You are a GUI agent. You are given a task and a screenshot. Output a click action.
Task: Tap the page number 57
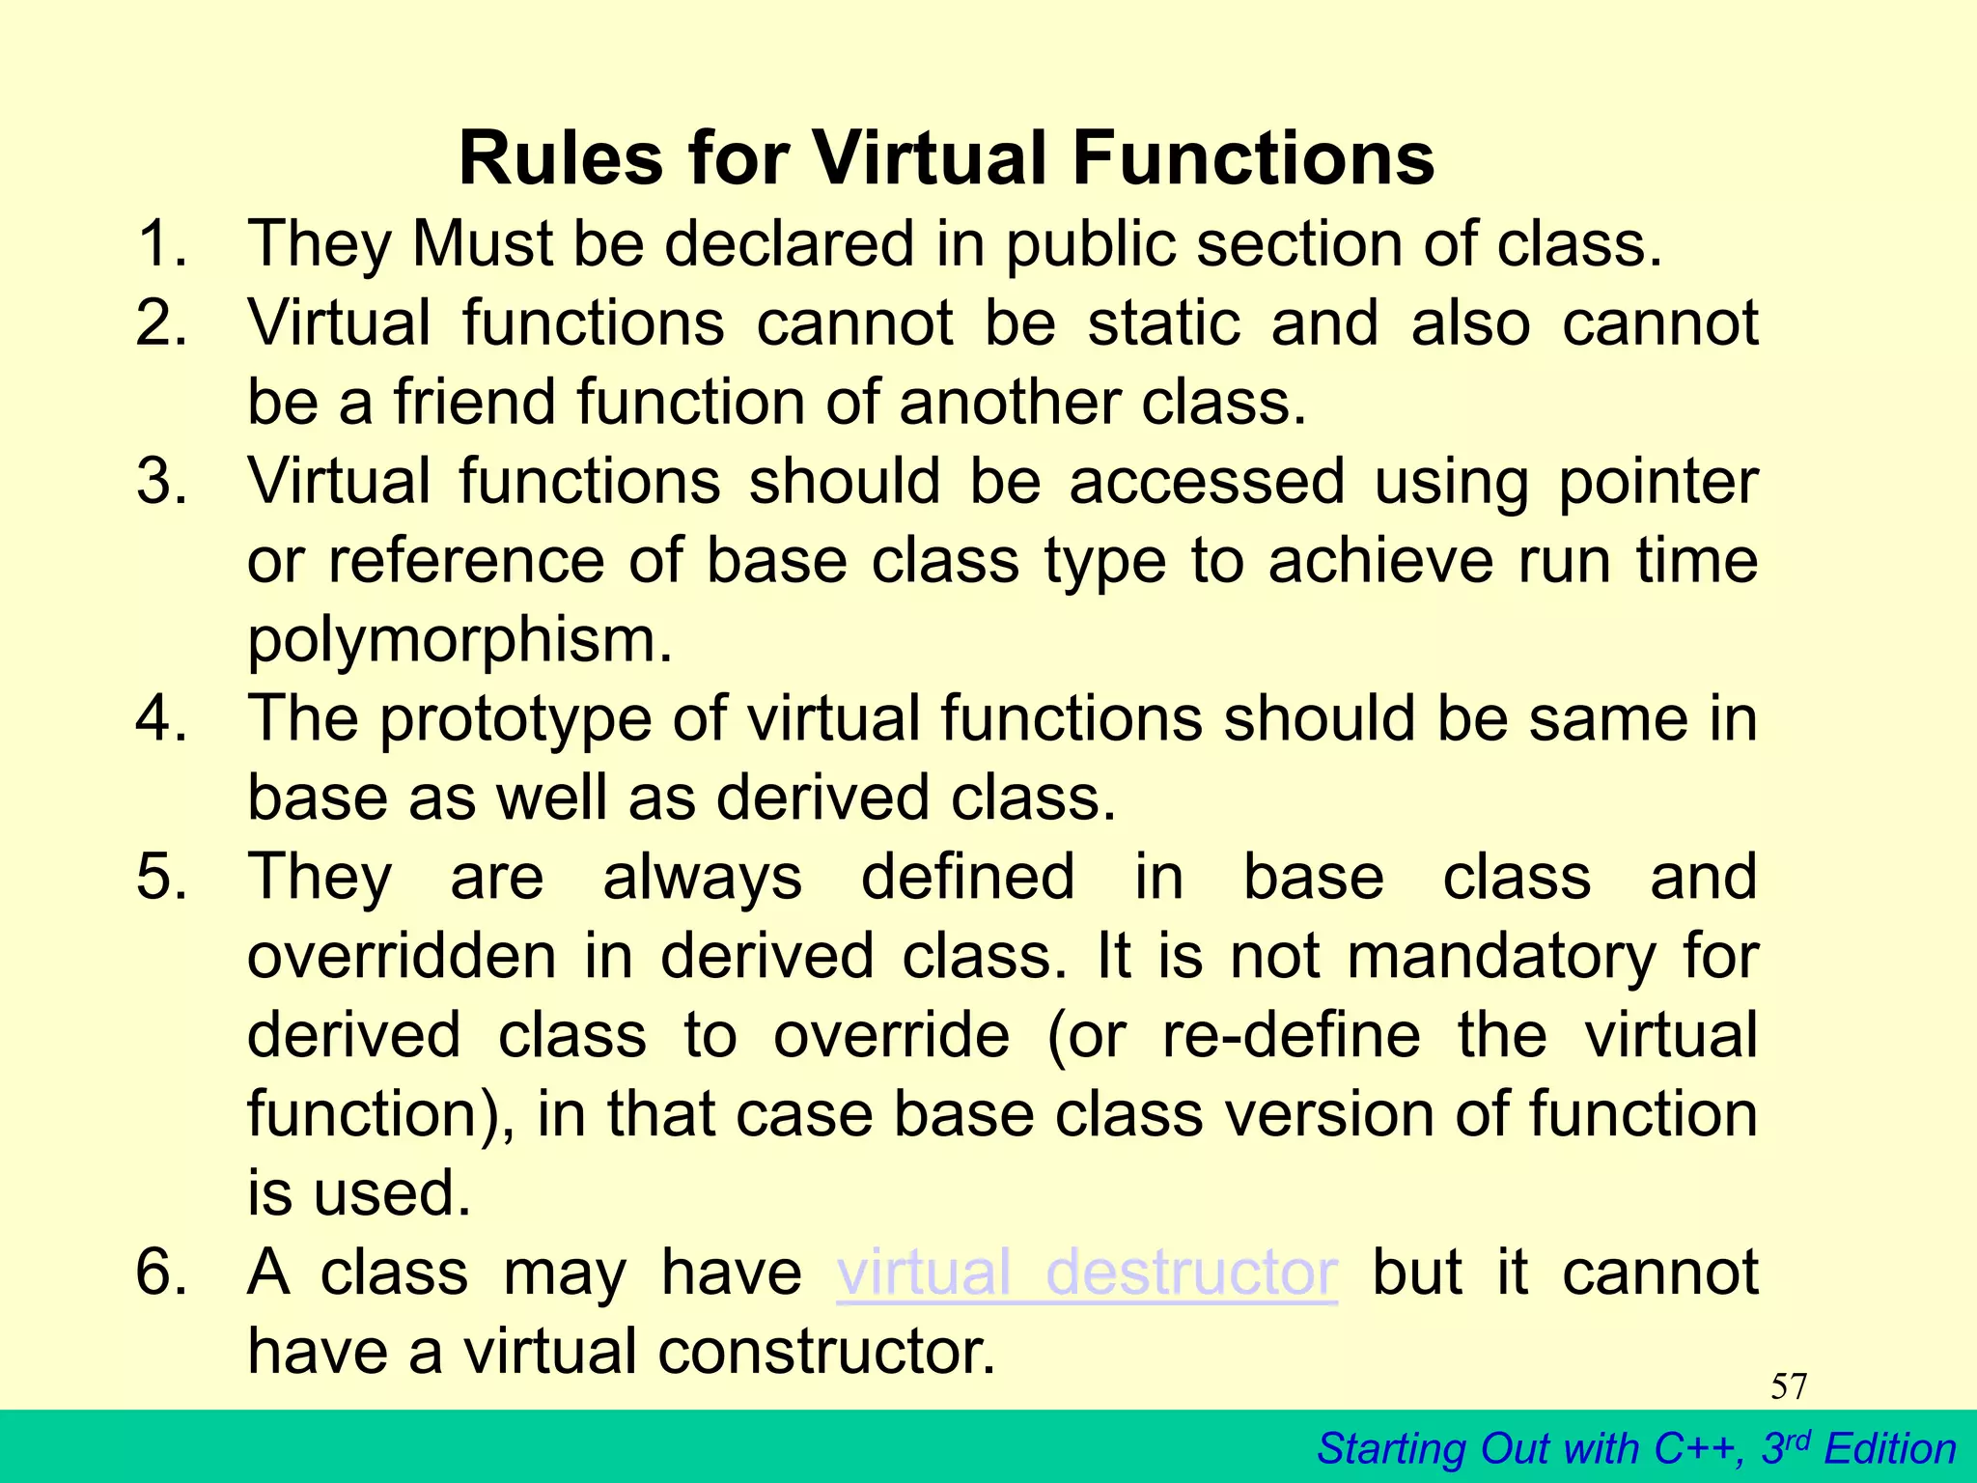1789,1386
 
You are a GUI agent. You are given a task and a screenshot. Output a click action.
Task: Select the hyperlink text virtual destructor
1086,1273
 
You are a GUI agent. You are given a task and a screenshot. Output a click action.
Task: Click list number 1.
162,243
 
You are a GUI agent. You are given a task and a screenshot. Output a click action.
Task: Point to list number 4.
162,718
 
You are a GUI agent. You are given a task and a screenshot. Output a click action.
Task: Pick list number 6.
162,1273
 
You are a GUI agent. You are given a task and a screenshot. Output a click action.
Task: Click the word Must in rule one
482,243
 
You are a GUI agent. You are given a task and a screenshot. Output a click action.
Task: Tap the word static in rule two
1163,322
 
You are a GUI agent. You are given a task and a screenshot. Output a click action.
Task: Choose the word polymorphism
459,641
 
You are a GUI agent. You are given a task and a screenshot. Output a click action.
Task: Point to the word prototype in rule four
515,720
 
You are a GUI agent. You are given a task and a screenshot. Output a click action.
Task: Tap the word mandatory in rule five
1501,956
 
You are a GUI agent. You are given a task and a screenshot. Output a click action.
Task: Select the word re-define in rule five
1291,1035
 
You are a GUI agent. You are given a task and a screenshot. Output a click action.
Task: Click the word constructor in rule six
825,1352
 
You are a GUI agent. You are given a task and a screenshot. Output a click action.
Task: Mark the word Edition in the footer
1890,1449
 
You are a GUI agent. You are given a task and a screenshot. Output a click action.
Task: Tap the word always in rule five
702,877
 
